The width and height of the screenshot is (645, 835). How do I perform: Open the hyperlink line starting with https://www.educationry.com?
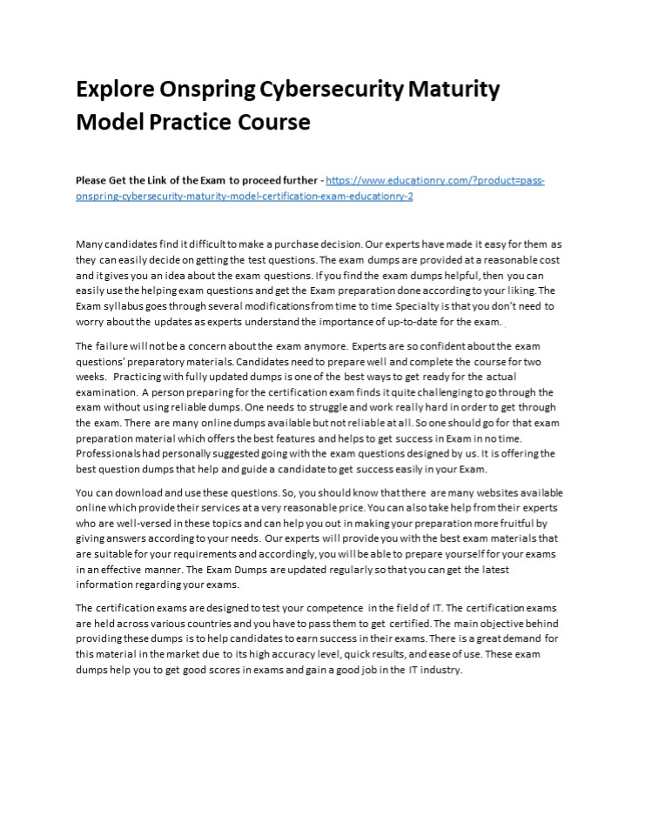tap(436, 180)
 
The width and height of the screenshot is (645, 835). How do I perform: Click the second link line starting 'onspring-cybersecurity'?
tap(245, 196)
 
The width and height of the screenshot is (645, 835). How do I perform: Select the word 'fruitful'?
tap(513, 524)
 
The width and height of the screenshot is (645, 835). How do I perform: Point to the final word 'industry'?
tap(442, 670)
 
